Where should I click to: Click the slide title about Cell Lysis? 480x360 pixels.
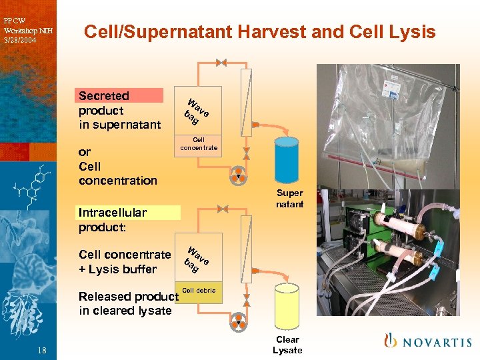[x=259, y=32]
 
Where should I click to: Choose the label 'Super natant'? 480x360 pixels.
[x=289, y=199]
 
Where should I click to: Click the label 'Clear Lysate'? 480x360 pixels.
[x=287, y=345]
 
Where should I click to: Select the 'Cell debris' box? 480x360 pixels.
[x=199, y=291]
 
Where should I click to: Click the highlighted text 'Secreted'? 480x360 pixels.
[x=104, y=96]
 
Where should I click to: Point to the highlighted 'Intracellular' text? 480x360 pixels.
[x=112, y=213]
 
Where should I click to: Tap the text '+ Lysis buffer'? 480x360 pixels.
[x=117, y=269]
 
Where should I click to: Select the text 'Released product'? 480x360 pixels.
[x=128, y=297]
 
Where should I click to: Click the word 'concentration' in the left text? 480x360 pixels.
[x=117, y=181]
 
